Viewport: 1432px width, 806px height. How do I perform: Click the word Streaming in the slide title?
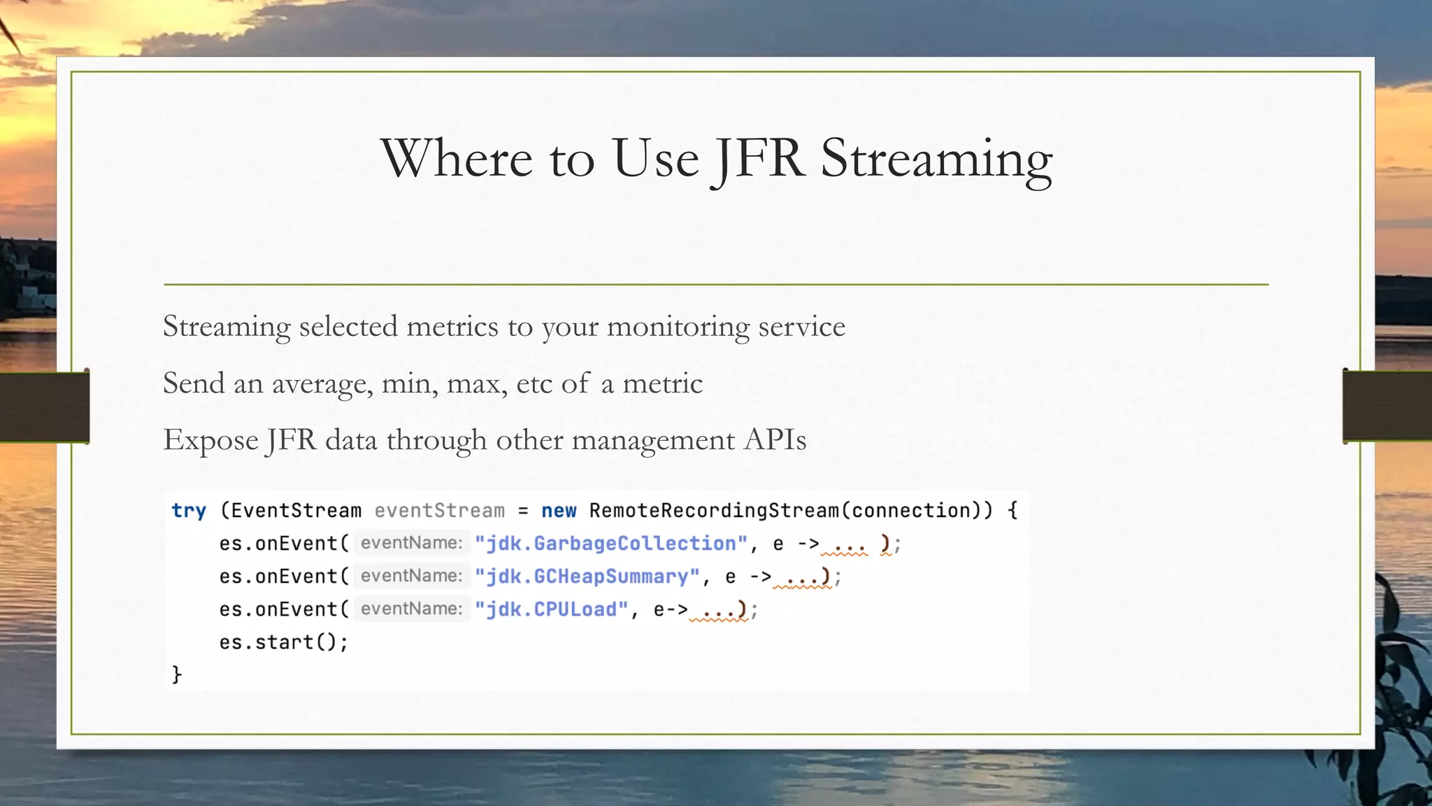pyautogui.click(x=936, y=160)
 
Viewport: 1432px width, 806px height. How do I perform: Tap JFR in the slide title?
pyautogui.click(x=757, y=160)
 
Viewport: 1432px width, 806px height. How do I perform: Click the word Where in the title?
pyautogui.click(x=457, y=158)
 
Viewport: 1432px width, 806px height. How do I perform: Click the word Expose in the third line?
pyautogui.click(x=210, y=441)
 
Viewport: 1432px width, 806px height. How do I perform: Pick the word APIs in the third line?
pyautogui.click(x=775, y=440)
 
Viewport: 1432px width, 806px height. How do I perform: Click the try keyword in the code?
pyautogui.click(x=189, y=511)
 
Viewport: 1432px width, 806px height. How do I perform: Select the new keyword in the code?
pyautogui.click(x=559, y=511)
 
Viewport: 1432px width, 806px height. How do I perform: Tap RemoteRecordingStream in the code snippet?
pyautogui.click(x=714, y=511)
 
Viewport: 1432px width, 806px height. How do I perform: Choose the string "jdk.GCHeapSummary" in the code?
pyautogui.click(x=587, y=577)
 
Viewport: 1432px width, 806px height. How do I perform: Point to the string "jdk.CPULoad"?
pyautogui.click(x=552, y=609)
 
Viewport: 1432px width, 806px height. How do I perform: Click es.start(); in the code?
pyautogui.click(x=283, y=642)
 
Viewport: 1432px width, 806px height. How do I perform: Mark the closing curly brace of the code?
pyautogui.click(x=177, y=674)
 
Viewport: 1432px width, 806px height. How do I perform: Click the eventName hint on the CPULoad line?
pyautogui.click(x=411, y=609)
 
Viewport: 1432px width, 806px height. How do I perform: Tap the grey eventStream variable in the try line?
pyautogui.click(x=439, y=511)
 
